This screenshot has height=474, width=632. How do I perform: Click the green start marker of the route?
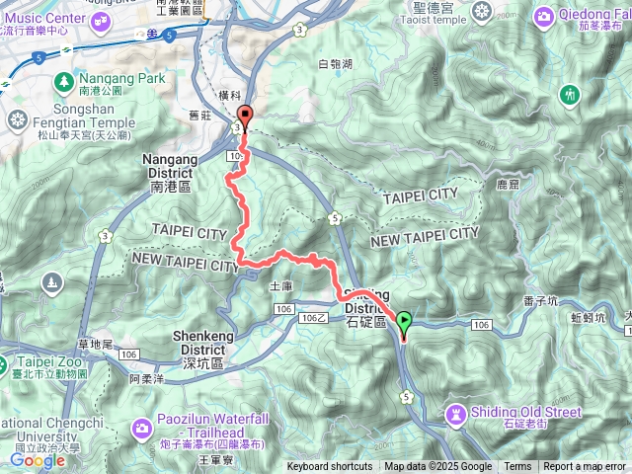tap(403, 320)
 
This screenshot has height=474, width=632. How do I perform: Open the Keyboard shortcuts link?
tap(330, 467)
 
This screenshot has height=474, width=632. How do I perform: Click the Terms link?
tap(517, 467)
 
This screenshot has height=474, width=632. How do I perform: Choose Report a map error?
tap(585, 467)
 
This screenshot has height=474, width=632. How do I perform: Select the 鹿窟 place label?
tap(508, 184)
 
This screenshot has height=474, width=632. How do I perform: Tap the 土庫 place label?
tap(280, 285)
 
